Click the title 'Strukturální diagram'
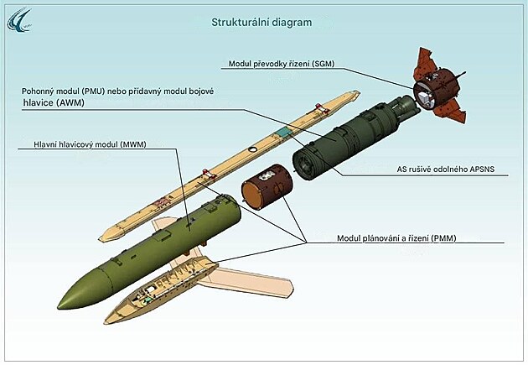261,23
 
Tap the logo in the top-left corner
19,20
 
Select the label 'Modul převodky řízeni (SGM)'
282,64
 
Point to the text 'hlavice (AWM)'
54,102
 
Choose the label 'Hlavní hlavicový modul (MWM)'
90,144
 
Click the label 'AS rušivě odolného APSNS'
446,169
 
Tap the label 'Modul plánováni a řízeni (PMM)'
396,238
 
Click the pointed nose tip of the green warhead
59,307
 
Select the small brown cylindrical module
267,186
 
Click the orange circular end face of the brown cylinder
252,196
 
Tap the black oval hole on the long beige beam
252,149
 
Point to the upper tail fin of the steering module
425,60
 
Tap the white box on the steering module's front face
424,98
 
